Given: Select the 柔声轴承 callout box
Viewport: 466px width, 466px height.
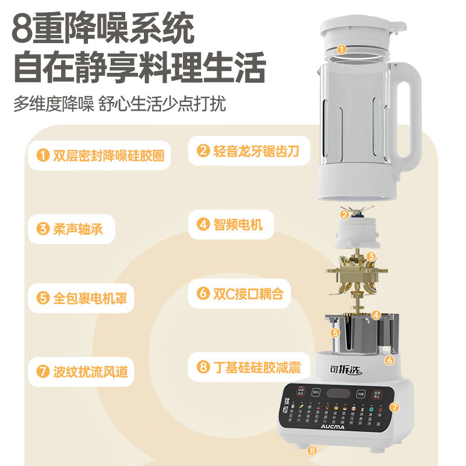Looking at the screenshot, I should click(70, 228).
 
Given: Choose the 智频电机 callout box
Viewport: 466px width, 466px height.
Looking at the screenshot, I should click(230, 224).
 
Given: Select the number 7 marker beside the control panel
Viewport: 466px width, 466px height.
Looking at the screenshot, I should click(394, 407).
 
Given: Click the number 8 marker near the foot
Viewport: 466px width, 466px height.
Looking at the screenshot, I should click(312, 450).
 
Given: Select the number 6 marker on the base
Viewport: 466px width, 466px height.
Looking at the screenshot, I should click(389, 360).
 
